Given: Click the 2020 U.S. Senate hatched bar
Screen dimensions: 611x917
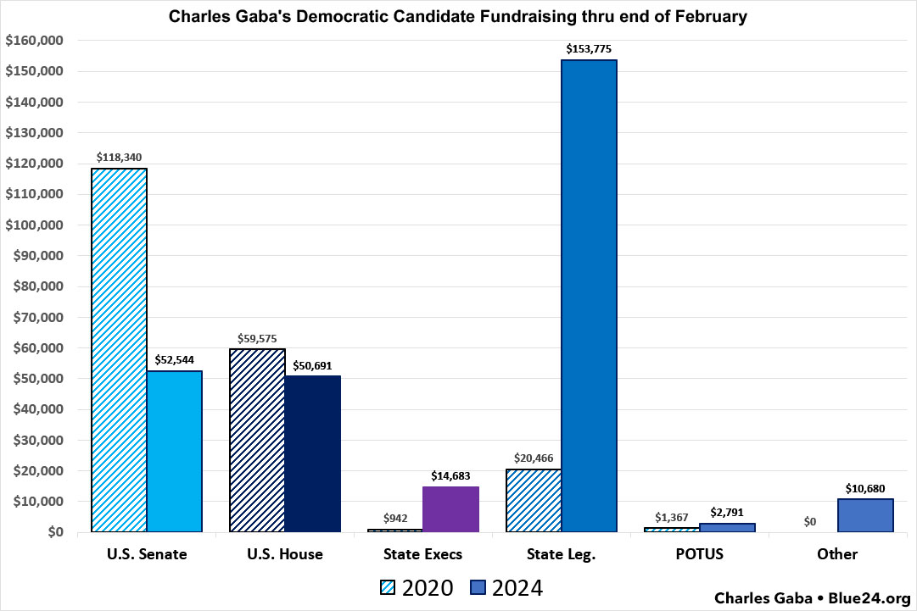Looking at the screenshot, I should pyautogui.click(x=119, y=349).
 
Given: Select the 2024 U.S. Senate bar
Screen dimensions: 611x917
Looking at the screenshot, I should pyautogui.click(x=174, y=451).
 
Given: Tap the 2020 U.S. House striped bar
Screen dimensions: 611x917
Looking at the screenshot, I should pyautogui.click(x=257, y=440).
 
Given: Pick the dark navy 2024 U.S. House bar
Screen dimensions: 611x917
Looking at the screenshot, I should pyautogui.click(x=312, y=453).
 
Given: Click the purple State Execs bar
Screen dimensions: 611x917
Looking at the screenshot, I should pyautogui.click(x=450, y=509).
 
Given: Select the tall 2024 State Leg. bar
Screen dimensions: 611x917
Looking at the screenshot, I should pyautogui.click(x=589, y=296).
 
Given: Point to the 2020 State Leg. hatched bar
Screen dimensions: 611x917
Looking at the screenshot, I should pyautogui.click(x=534, y=500).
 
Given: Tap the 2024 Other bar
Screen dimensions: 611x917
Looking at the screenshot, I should pyautogui.click(x=865, y=515).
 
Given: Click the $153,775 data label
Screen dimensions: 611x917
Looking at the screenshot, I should pyautogui.click(x=589, y=48).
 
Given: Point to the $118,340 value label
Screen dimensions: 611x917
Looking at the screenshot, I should pyautogui.click(x=120, y=157).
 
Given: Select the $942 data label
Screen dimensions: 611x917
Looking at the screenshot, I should pyautogui.click(x=395, y=518).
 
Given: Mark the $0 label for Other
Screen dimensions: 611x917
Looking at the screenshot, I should pyautogui.click(x=810, y=521).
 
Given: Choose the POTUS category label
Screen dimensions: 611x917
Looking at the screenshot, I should pyautogui.click(x=699, y=554).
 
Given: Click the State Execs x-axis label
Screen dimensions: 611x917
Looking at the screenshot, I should pyautogui.click(x=422, y=554).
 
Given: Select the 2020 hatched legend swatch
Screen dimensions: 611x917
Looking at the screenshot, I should pyautogui.click(x=388, y=587).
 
